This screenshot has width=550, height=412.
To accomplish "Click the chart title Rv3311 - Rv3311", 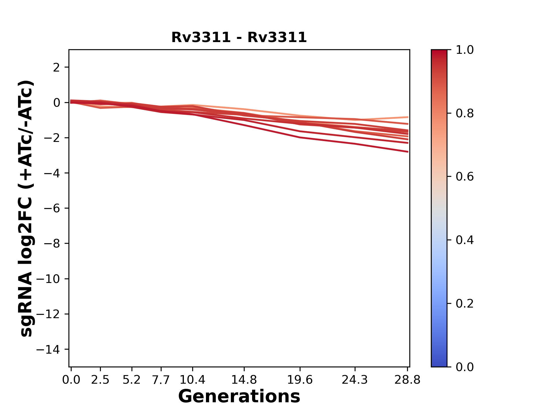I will click(x=239, y=37).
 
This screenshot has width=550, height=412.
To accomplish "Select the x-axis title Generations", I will click(x=239, y=397).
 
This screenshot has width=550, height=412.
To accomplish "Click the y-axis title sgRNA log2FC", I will click(x=26, y=208).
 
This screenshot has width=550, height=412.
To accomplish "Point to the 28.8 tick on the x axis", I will click(x=407, y=380).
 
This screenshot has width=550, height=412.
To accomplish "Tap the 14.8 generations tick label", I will click(x=244, y=380).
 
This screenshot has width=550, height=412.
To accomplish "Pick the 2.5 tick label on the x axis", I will click(x=100, y=380).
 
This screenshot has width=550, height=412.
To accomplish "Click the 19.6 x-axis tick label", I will click(x=300, y=380).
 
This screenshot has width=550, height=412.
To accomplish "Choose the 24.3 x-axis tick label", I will click(x=355, y=380).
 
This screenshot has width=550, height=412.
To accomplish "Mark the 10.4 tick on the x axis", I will click(x=192, y=380).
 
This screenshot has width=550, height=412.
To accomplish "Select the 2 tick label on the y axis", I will click(x=56, y=68).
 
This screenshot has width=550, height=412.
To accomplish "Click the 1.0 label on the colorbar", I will click(x=465, y=50).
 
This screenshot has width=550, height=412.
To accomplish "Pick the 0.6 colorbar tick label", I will click(x=465, y=177).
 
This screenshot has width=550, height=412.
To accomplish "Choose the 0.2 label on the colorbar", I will click(x=465, y=304).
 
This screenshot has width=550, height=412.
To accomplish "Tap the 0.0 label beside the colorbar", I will click(x=465, y=367).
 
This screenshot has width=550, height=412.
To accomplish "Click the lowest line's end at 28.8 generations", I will click(x=408, y=152).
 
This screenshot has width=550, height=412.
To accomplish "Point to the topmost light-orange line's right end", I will click(x=408, y=117).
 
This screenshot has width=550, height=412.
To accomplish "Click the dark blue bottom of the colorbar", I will click(x=439, y=363).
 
